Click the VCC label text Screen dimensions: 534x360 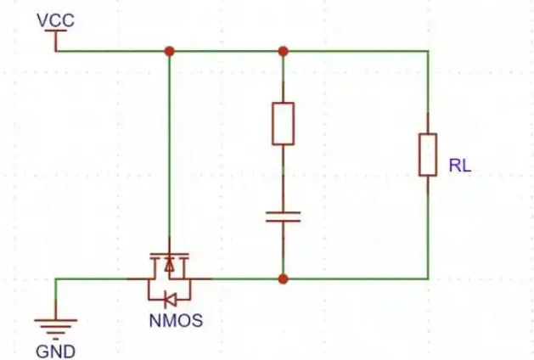[55, 20]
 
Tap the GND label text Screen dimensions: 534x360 [55, 352]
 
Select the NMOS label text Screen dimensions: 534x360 [176, 320]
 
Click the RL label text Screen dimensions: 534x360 [460, 166]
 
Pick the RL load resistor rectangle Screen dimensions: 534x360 [428, 155]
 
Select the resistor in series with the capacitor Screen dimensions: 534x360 [283, 124]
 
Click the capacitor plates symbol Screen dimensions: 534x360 [283, 217]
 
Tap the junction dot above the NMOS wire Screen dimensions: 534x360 [169, 52]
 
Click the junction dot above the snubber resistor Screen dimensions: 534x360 [283, 52]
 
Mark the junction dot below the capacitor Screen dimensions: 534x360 [283, 279]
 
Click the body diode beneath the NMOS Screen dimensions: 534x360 [170, 300]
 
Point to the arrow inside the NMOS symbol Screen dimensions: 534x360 [169, 265]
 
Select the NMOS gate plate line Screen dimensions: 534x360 [169, 254]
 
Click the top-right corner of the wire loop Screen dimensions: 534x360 [428, 52]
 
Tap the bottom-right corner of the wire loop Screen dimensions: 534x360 [428, 279]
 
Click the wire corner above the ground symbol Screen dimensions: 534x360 [56, 279]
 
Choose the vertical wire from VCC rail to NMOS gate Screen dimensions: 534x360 [169, 144]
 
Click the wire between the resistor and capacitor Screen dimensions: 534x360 [283, 177]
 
